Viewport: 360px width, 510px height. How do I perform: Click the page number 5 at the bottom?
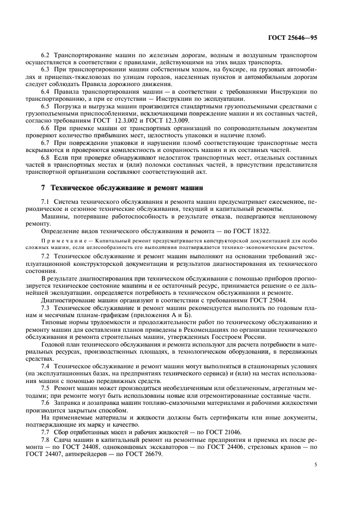[x=314, y=464]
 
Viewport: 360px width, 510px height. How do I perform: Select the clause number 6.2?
[x=46, y=57]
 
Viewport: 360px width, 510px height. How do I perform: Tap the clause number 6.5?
[x=46, y=105]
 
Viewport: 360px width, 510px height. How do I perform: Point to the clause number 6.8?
[x=46, y=157]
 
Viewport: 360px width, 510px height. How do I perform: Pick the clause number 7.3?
[x=46, y=308]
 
